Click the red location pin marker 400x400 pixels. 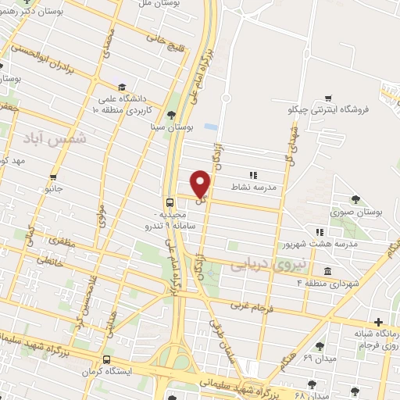tap(202, 183)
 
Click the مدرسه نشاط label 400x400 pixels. tap(252, 187)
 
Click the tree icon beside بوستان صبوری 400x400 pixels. tap(355, 199)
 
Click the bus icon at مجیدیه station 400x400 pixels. tap(169, 200)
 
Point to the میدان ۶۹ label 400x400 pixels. tap(297, 357)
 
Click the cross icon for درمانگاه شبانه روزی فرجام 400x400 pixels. tap(379, 322)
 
